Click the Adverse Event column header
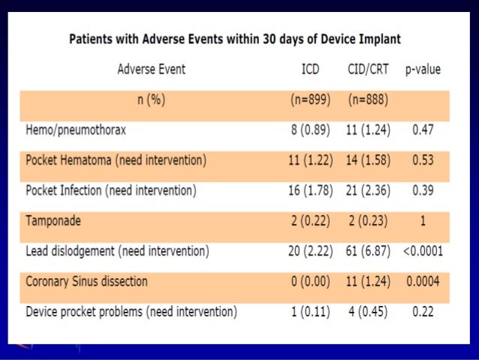tap(151, 70)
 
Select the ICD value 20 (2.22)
tap(310, 251)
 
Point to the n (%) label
tap(151, 100)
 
